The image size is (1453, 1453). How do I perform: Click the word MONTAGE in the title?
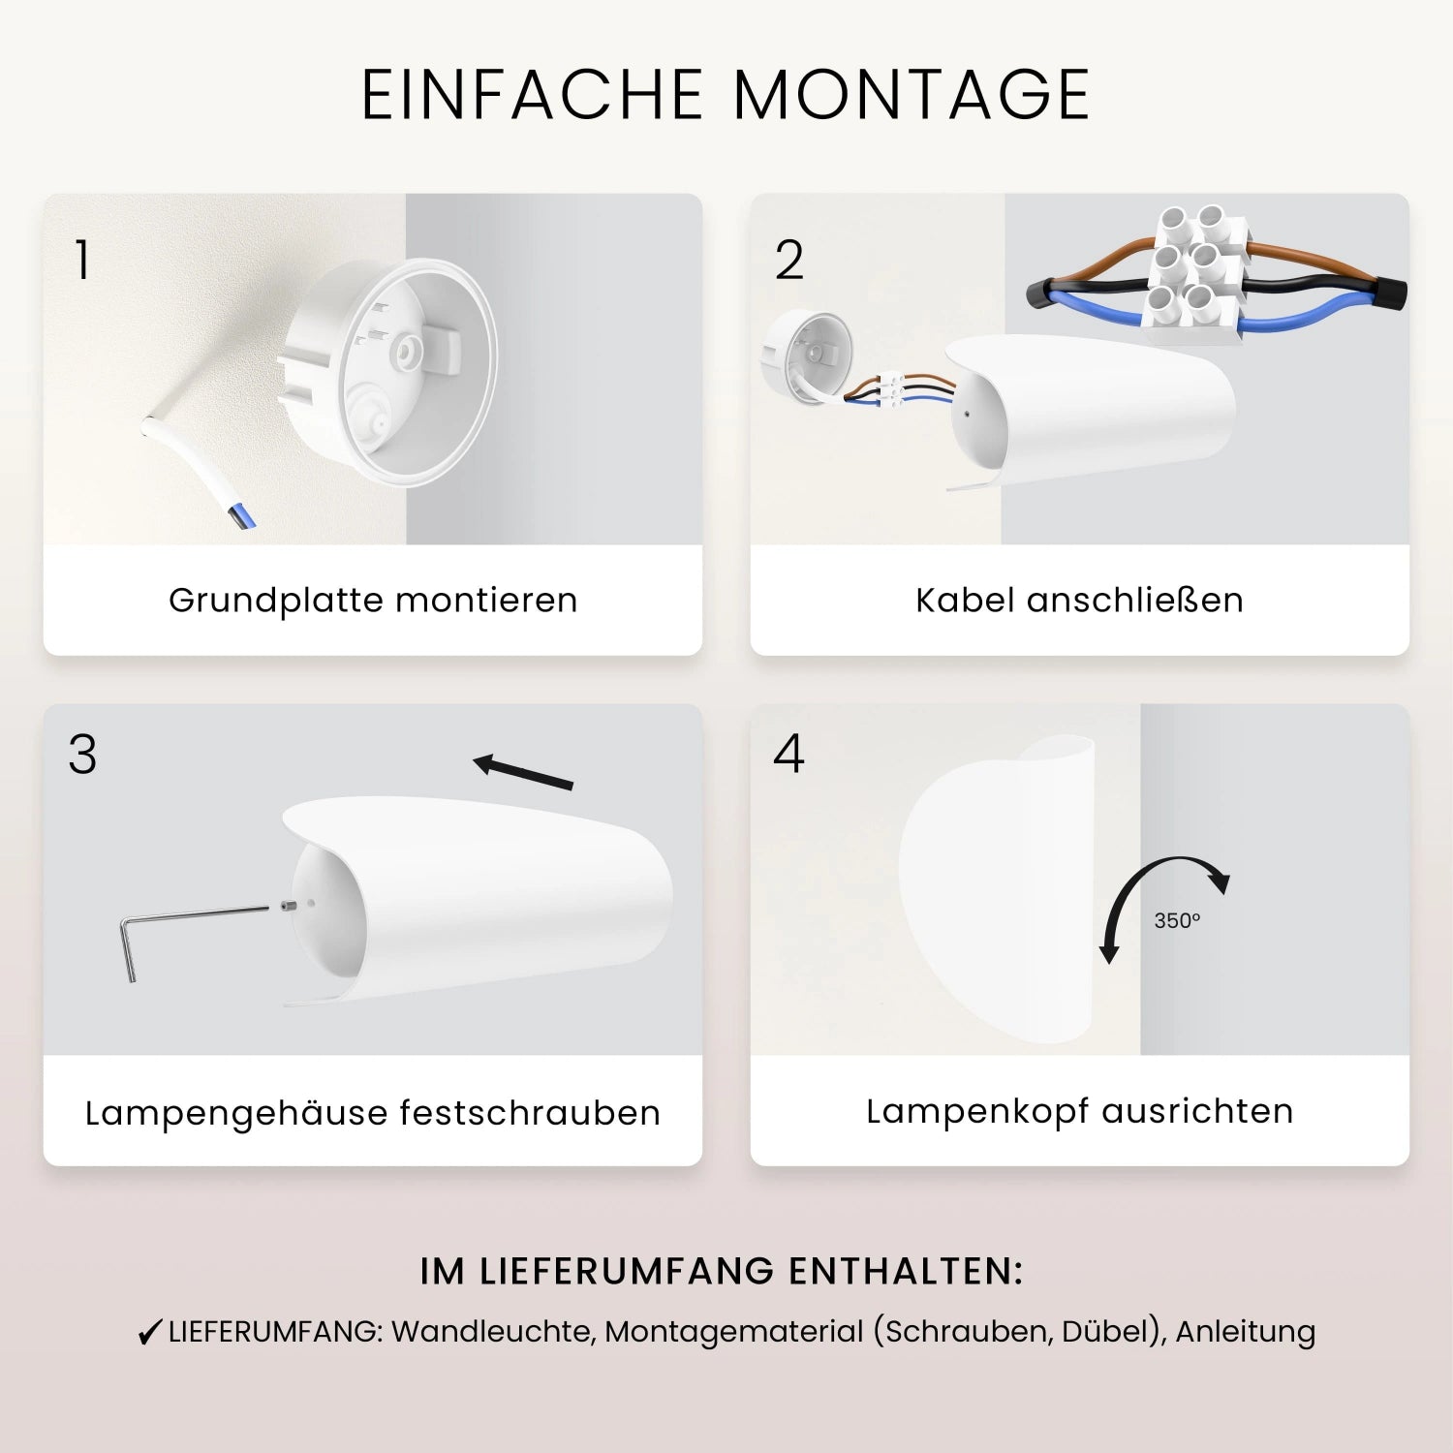point(912,95)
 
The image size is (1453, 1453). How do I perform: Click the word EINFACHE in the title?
point(532,95)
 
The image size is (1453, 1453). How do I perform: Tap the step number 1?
point(82,260)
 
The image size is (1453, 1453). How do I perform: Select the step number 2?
point(789,260)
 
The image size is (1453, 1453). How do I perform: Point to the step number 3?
point(82,755)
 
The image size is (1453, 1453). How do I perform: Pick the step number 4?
point(789,754)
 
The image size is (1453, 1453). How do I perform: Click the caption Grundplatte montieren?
point(373,601)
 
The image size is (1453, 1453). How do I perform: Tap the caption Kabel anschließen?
point(1079,601)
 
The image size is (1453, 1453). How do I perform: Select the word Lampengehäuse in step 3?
point(234,1114)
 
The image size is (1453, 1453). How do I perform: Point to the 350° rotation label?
point(1177,920)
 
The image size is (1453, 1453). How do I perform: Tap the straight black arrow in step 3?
point(523,771)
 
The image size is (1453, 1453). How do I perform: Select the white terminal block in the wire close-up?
point(1193,274)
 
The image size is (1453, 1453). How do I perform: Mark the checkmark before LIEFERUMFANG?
point(149,1333)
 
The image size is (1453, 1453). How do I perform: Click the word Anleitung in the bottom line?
point(1245,1332)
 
